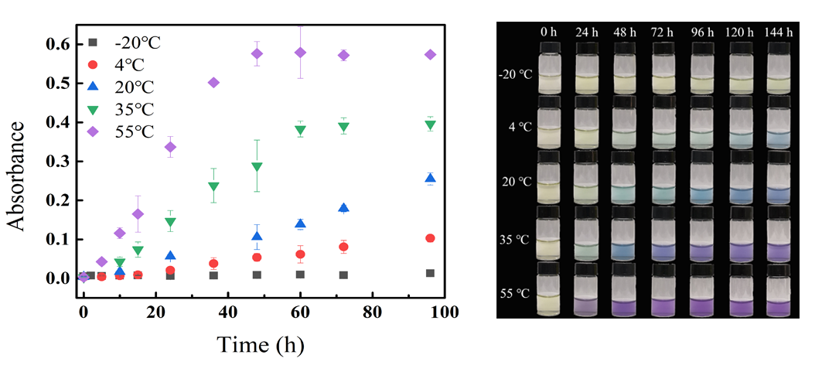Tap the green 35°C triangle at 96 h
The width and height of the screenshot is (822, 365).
430,125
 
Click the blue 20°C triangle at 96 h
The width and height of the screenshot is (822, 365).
430,179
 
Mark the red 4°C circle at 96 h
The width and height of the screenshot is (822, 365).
430,238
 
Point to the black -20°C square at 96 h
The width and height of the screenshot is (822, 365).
430,273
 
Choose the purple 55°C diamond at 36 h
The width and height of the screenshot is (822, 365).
213,83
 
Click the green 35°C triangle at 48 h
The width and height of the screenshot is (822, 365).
257,167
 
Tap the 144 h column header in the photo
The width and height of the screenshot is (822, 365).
779,32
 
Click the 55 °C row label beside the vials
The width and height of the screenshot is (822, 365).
515,295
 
